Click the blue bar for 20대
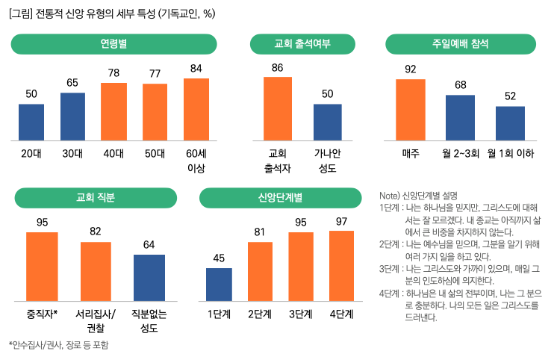pyautogui.click(x=31, y=122)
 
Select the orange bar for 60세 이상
pyautogui.click(x=196, y=109)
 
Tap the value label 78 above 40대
pyautogui.click(x=113, y=73)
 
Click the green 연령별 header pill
pyautogui.click(x=113, y=44)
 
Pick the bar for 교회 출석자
pyautogui.click(x=278, y=108)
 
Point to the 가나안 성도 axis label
pyautogui.click(x=327, y=161)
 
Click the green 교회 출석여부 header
pyautogui.click(x=302, y=44)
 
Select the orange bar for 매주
pyautogui.click(x=410, y=110)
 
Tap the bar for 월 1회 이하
pyautogui.click(x=510, y=123)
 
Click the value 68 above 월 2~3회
pyautogui.click(x=460, y=84)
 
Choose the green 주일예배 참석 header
pyautogui.click(x=460, y=44)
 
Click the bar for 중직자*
pyautogui.click(x=42, y=266)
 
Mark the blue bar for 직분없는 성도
pyautogui.click(x=149, y=277)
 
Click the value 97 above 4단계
pyautogui.click(x=341, y=221)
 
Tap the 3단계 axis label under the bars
pyautogui.click(x=300, y=313)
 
